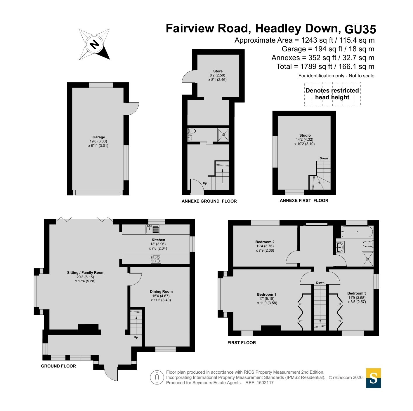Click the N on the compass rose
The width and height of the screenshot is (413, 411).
coord(94,45)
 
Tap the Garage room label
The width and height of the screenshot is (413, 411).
coord(99,137)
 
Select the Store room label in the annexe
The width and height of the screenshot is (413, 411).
coord(218,71)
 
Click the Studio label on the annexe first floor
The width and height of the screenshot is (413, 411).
coord(305,135)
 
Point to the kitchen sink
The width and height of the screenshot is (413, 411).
coord(152,229)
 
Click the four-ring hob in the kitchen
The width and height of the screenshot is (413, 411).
coord(156,259)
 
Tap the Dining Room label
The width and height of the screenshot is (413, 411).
coord(161,291)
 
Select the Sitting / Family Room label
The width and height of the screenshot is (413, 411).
coord(86,273)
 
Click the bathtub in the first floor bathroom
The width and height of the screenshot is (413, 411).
coord(357,232)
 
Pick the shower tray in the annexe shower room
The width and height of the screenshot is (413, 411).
coord(223,135)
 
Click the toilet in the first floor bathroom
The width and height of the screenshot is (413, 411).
coord(368,244)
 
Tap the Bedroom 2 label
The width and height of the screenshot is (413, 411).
coord(265,242)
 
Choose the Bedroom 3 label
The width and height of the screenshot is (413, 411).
coord(357,293)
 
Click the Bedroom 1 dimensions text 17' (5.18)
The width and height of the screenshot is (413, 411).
coord(267,299)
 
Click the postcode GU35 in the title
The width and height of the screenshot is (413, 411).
coord(360,29)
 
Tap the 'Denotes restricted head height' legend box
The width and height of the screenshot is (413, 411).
coord(332,94)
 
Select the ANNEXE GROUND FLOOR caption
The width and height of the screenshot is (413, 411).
coord(209,201)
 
